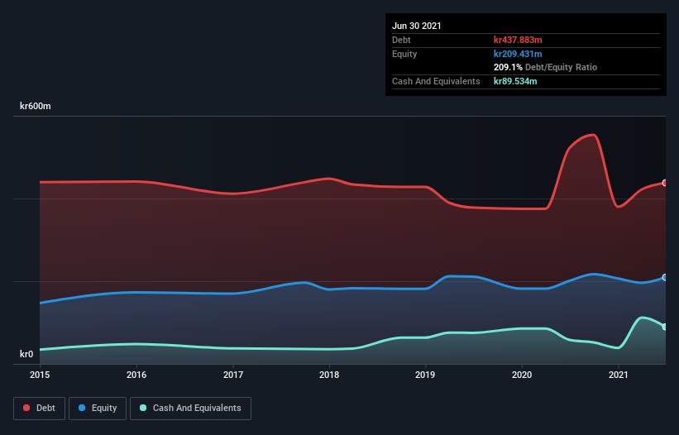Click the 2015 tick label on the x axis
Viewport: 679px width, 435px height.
pyautogui.click(x=40, y=375)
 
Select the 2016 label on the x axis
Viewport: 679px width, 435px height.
pyautogui.click(x=136, y=375)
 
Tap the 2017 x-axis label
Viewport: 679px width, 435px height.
pyautogui.click(x=233, y=375)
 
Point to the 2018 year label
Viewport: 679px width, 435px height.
pyautogui.click(x=329, y=375)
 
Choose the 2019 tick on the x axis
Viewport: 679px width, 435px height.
pyautogui.click(x=426, y=375)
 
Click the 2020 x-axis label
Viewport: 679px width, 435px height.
pyautogui.click(x=522, y=375)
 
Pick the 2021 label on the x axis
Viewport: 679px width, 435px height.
pyautogui.click(x=619, y=375)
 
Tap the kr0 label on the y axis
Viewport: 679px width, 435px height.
pyautogui.click(x=27, y=354)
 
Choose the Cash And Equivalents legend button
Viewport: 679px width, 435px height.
pyautogui.click(x=190, y=408)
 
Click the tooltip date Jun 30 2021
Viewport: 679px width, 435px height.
pyautogui.click(x=417, y=26)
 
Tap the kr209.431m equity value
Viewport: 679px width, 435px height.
pyautogui.click(x=518, y=54)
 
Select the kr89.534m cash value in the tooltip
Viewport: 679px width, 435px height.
pyautogui.click(x=515, y=81)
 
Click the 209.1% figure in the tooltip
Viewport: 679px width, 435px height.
pyautogui.click(x=508, y=67)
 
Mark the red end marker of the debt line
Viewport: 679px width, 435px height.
pyautogui.click(x=665, y=183)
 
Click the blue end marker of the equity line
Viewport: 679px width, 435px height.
pyautogui.click(x=665, y=277)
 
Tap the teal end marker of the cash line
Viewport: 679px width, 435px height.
pyautogui.click(x=665, y=327)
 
